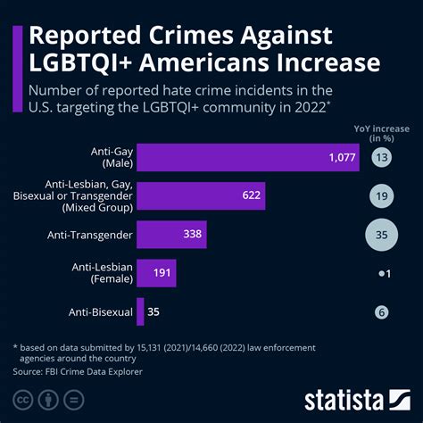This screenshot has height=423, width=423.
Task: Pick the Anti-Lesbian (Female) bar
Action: [156, 273]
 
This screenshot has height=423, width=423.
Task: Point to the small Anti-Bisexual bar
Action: [140, 311]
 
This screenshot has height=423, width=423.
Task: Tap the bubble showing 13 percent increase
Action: [382, 158]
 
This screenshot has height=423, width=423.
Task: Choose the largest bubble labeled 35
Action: [382, 236]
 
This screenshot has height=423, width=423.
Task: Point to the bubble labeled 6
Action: [382, 311]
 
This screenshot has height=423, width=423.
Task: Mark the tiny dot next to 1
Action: [379, 274]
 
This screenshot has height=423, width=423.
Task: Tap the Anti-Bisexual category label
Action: [100, 311]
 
